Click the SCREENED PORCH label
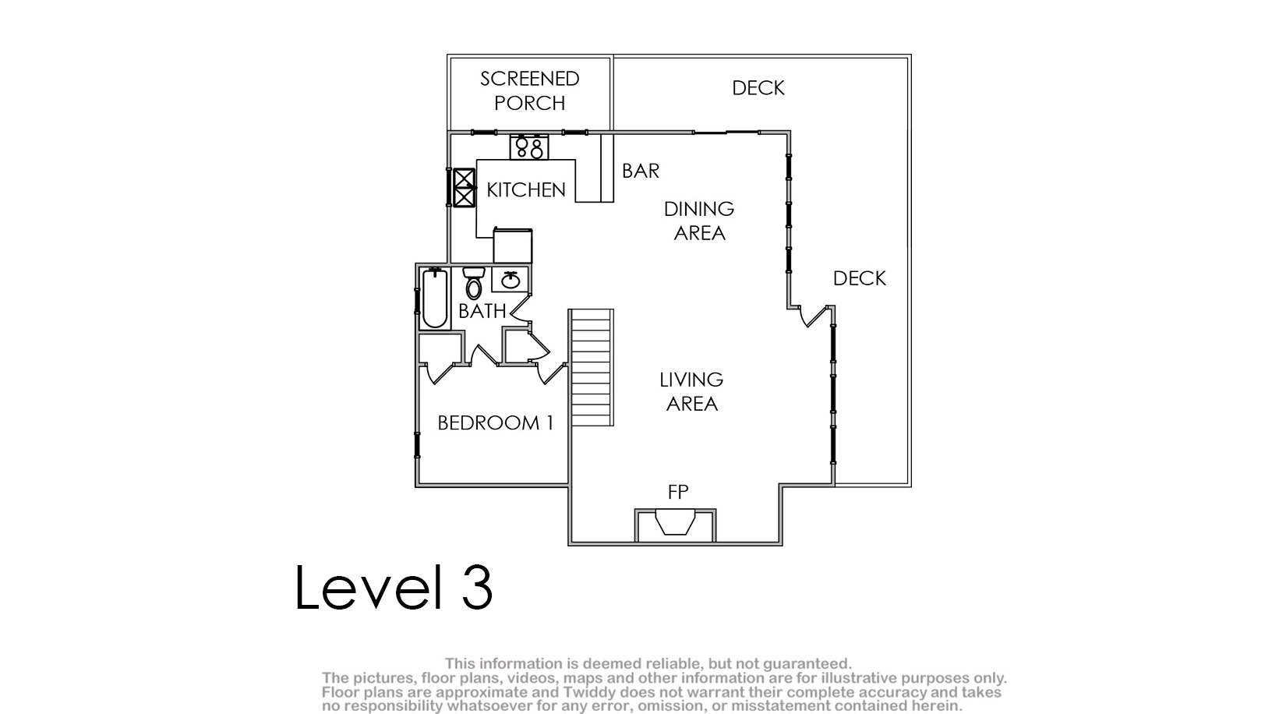coord(530,91)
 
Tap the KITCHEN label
coord(526,189)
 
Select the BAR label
coord(641,171)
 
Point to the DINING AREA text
coord(699,221)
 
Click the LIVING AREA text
coord(691,392)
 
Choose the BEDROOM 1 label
coord(495,423)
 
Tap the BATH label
coord(482,311)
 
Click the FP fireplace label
coord(678,492)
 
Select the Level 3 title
coord(394,588)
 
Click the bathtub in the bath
coord(435,299)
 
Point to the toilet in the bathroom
coord(474,284)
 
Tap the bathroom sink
coord(511,280)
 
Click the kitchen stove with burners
coord(529,147)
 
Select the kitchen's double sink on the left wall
coord(465,188)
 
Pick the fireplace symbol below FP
coord(675,522)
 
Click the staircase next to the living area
coord(591,367)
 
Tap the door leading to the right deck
coord(816,316)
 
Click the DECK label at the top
coord(758,88)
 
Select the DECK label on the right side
coord(859,278)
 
